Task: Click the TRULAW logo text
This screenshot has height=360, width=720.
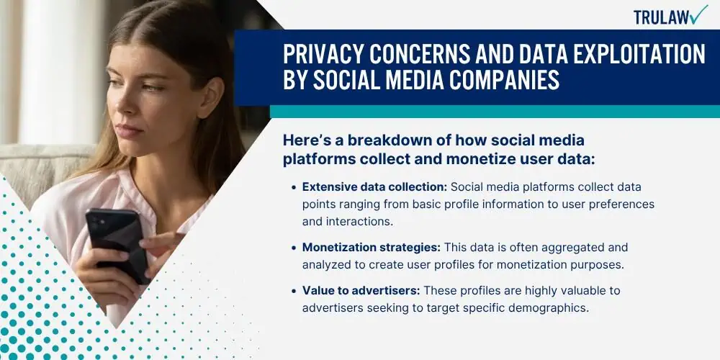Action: (x=661, y=17)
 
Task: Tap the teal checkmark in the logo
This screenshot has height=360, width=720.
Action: (x=699, y=14)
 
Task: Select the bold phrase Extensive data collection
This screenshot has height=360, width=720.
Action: (x=374, y=187)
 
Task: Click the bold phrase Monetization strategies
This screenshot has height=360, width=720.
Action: (x=371, y=247)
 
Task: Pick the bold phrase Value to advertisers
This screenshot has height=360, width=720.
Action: (x=361, y=291)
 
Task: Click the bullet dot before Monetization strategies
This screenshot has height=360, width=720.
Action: (x=294, y=248)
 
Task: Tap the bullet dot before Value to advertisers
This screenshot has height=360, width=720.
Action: (x=294, y=291)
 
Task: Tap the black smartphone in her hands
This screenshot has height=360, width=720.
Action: (x=117, y=244)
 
